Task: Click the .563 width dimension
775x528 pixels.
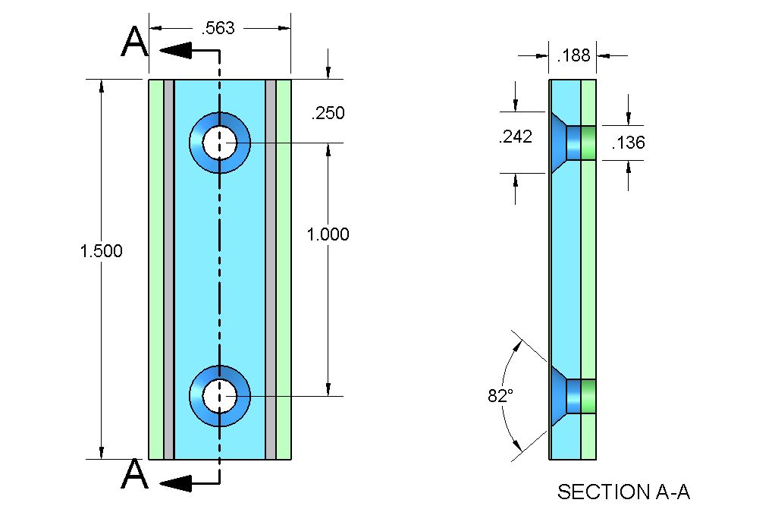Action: point(218,29)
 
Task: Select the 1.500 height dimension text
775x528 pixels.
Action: point(101,251)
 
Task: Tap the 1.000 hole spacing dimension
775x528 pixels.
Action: point(328,234)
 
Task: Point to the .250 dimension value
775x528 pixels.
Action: point(328,114)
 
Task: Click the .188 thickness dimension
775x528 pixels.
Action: point(573,55)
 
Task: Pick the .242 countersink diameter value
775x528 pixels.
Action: point(515,137)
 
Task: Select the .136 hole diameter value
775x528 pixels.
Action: point(627,142)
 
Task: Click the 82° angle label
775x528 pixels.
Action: point(500,395)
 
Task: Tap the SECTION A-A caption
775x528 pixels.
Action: point(623,492)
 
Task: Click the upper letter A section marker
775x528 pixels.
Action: point(135,42)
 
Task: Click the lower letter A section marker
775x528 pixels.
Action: point(135,476)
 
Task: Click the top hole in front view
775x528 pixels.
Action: point(219,143)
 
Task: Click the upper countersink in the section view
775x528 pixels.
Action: point(559,143)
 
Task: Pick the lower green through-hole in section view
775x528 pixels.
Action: point(588,396)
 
